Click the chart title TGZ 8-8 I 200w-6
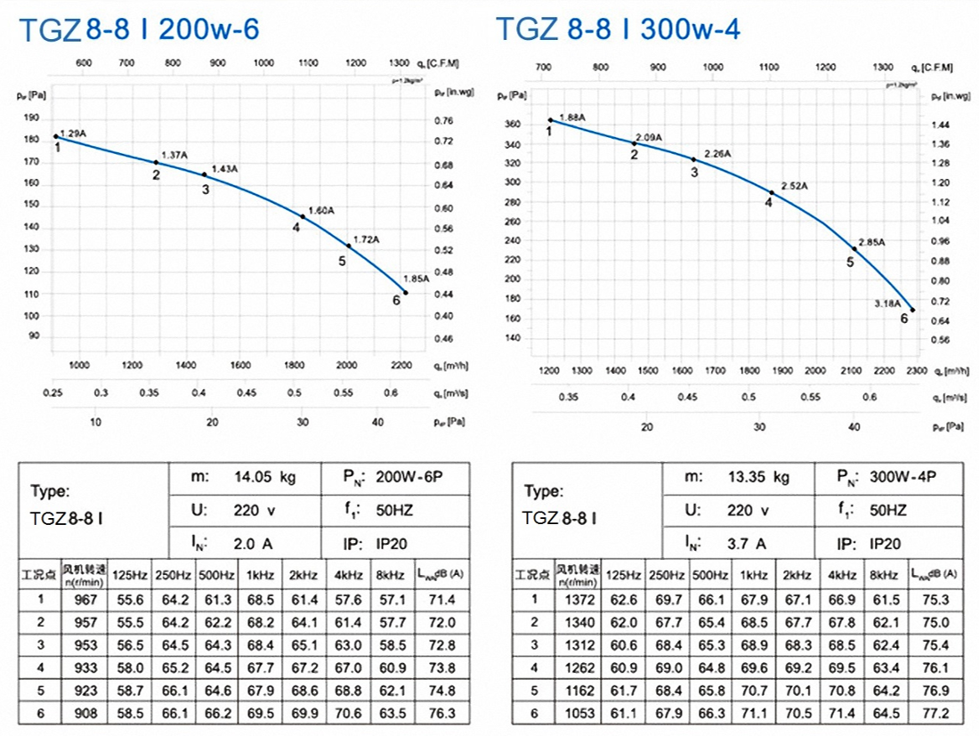coord(139,29)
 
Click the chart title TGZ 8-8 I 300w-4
coord(618,29)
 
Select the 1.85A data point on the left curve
coord(406,293)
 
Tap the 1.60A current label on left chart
coord(320,211)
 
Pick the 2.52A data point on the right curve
coord(772,192)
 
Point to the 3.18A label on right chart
coord(887,303)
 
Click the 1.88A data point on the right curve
coord(550,120)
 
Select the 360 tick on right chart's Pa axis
coord(513,124)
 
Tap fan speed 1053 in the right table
coord(579,713)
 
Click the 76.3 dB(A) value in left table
coord(442,713)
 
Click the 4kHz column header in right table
coord(842,574)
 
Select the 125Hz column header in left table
coord(130,574)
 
